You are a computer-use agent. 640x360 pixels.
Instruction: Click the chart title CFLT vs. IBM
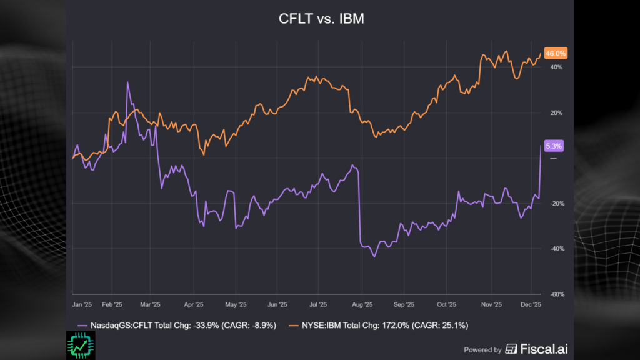click(321, 19)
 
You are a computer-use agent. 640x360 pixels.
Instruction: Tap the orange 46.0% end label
click(555, 54)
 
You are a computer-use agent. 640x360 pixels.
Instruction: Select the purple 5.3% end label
click(554, 146)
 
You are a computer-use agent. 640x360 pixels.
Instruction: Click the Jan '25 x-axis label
click(82, 305)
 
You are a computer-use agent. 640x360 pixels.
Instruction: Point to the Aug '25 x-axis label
click(362, 305)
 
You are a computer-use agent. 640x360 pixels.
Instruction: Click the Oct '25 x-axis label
click(446, 305)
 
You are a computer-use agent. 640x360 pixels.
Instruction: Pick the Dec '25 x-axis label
click(531, 305)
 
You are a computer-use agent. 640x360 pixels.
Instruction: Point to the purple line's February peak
click(127, 82)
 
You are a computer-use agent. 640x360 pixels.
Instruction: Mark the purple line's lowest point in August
click(374, 257)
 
